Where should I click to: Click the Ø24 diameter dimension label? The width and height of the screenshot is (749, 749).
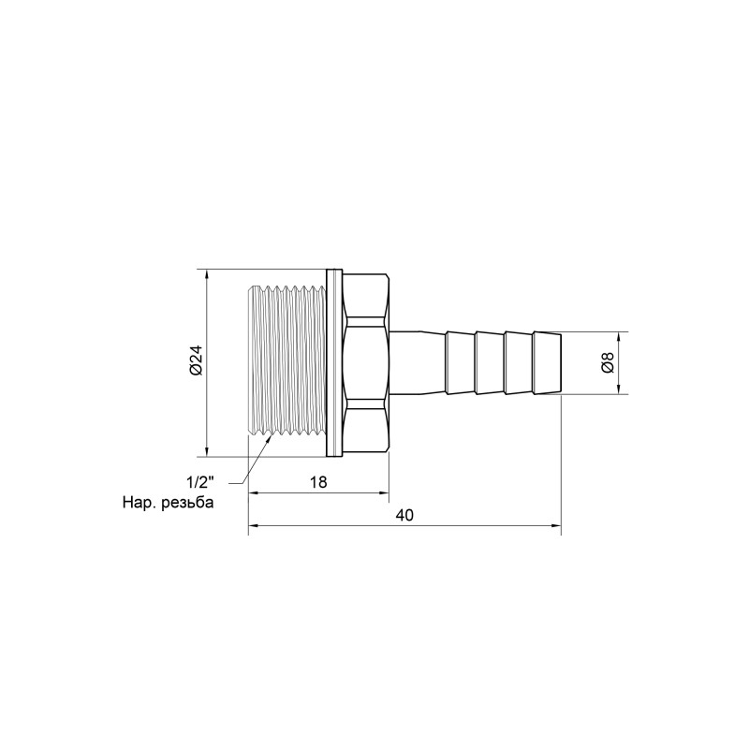(x=195, y=362)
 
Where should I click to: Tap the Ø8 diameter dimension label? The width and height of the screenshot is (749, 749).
(x=607, y=362)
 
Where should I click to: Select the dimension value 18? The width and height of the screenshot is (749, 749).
(x=318, y=482)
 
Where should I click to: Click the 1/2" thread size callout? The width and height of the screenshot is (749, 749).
(x=199, y=483)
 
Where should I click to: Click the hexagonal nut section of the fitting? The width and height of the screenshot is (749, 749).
(x=366, y=362)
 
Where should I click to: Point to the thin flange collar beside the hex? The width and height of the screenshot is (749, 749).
(x=332, y=362)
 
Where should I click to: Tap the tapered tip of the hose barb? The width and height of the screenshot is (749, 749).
(x=550, y=362)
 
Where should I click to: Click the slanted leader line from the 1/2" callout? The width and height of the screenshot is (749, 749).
(x=255, y=461)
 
